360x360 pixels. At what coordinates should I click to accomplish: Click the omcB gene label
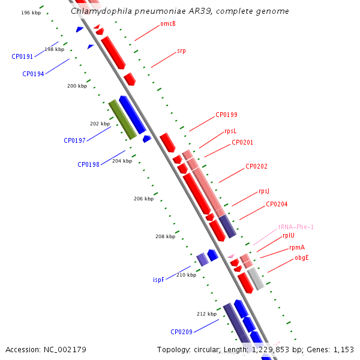point(168,23)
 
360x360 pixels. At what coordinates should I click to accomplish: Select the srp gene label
point(181,51)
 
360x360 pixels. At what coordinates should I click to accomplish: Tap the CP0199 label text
point(226,115)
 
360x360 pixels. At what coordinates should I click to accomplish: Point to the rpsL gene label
point(230,131)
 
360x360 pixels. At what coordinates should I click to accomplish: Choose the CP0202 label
point(256,166)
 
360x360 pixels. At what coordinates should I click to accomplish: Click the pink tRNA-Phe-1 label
point(296,227)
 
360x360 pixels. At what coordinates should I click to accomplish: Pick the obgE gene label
point(302,258)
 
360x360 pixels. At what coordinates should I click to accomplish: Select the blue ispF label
point(158,280)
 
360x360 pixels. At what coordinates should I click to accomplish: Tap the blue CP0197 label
point(74,140)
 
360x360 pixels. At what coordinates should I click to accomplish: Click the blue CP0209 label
point(181,332)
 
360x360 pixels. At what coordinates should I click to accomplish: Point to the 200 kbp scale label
point(77,86)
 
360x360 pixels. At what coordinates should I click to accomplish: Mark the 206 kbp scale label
point(144,199)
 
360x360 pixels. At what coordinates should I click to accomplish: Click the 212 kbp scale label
point(206,314)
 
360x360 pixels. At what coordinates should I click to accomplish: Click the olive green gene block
point(122,119)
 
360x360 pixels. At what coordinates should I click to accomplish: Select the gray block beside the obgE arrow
point(256,279)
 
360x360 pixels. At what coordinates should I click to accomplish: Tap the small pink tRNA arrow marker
point(231,256)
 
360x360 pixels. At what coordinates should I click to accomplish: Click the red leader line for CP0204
point(253,213)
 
